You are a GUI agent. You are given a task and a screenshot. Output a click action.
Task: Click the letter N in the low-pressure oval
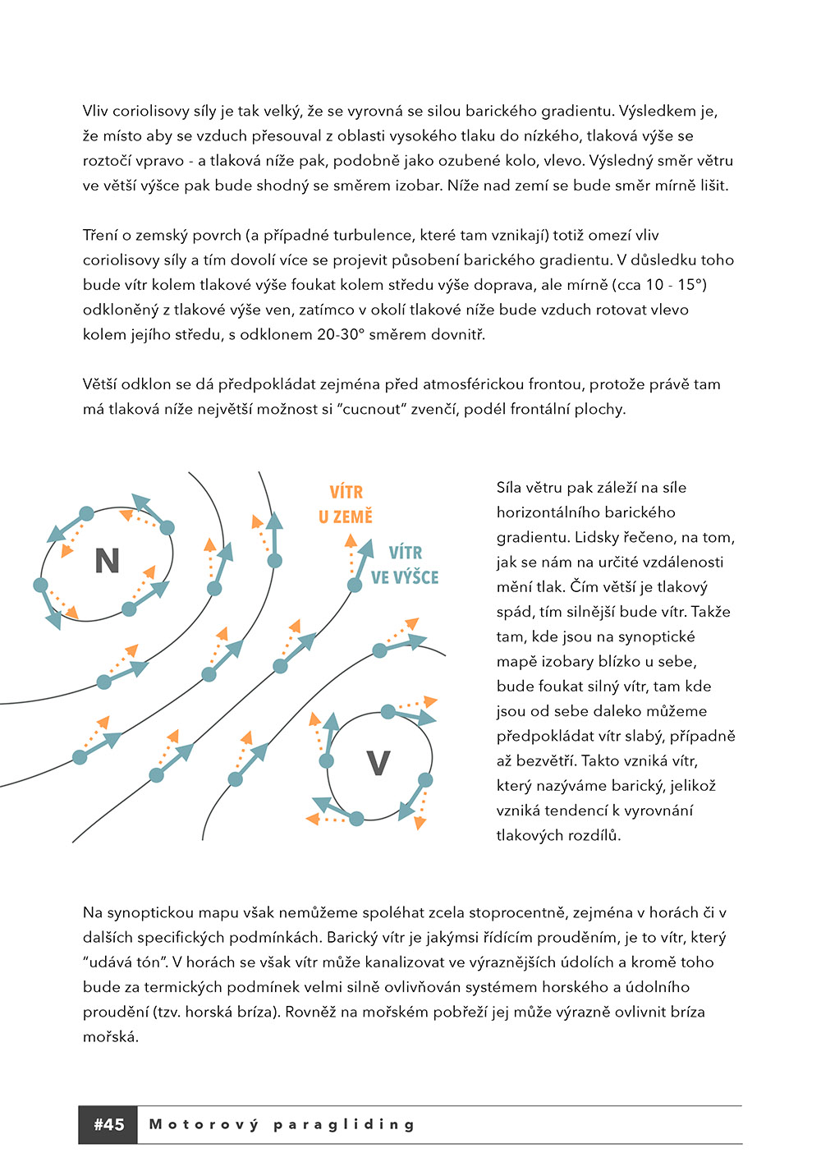(x=108, y=561)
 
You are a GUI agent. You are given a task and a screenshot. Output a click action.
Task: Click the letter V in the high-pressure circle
(x=378, y=764)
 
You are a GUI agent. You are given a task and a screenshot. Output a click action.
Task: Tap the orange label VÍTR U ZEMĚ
(x=346, y=504)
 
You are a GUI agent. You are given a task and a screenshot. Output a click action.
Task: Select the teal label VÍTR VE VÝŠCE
(x=405, y=565)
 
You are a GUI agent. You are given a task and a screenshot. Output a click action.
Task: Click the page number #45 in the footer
(x=108, y=1124)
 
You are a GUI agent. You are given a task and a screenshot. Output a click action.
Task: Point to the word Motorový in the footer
(x=203, y=1124)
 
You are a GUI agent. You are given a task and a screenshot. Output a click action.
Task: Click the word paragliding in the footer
(x=344, y=1124)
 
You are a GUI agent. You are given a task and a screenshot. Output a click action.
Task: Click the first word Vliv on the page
(x=95, y=111)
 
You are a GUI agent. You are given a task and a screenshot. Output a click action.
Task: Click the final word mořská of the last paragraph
(x=110, y=1036)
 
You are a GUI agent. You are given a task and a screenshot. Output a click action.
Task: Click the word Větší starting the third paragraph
(x=100, y=384)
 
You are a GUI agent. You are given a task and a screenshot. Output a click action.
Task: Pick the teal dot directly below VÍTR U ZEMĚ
(x=355, y=585)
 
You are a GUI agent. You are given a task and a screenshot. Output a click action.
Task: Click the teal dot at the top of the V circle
(x=388, y=712)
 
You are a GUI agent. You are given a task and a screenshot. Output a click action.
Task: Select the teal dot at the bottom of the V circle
(x=357, y=819)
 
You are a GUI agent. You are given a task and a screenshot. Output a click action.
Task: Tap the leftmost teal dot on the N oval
(x=40, y=585)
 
